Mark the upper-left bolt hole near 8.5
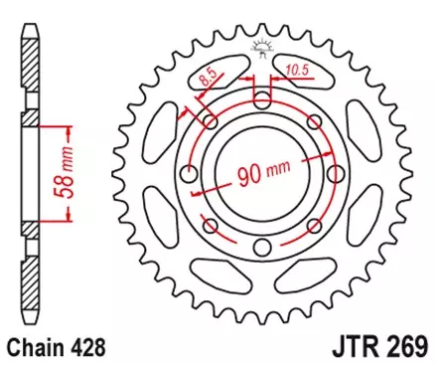point(211,121)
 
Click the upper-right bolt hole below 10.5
point(314,121)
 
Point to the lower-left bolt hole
point(211,226)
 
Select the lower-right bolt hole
point(314,226)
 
